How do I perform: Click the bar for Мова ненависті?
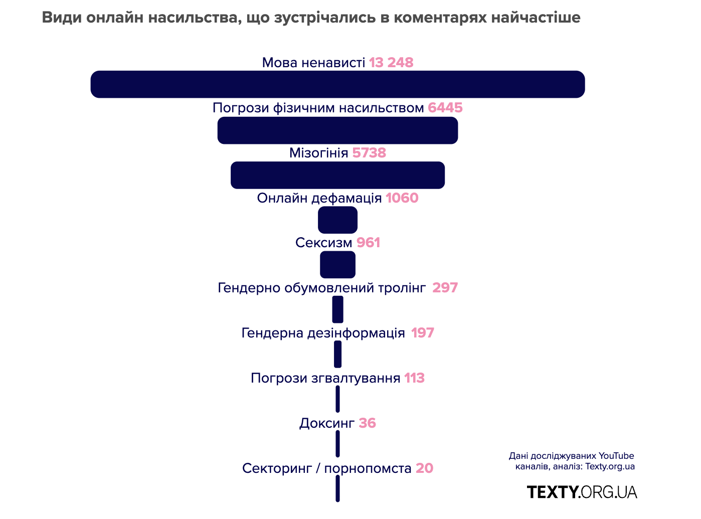tap(337, 84)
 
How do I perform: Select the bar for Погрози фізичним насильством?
tap(337, 130)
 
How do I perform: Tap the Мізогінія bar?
tap(337, 175)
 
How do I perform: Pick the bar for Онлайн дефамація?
tap(337, 220)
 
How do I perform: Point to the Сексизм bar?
tap(337, 265)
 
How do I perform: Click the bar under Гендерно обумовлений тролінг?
tap(337, 309)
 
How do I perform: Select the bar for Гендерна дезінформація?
tap(337, 354)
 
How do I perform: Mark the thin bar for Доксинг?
tap(337, 444)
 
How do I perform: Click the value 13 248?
tap(391, 63)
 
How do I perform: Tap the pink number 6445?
tap(445, 108)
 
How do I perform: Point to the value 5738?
tap(369, 153)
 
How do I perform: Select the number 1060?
tap(402, 198)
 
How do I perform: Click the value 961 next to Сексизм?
tap(368, 243)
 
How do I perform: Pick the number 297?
tap(445, 288)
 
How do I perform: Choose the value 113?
tap(414, 378)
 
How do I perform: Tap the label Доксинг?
tap(327, 423)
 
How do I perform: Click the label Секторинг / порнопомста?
tap(327, 468)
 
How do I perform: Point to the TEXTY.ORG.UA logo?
tap(582, 492)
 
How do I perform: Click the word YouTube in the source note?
tap(616, 456)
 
